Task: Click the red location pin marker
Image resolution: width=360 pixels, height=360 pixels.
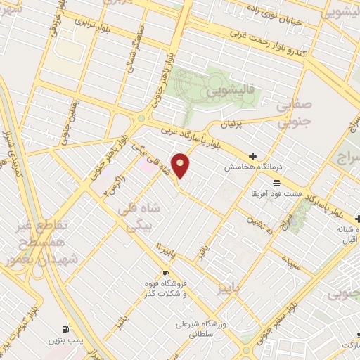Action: (181, 165)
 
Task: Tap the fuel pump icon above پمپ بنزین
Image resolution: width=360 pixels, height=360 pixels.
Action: (65, 328)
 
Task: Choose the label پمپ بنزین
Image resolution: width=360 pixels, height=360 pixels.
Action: (65, 340)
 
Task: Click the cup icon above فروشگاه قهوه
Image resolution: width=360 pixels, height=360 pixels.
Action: (166, 274)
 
